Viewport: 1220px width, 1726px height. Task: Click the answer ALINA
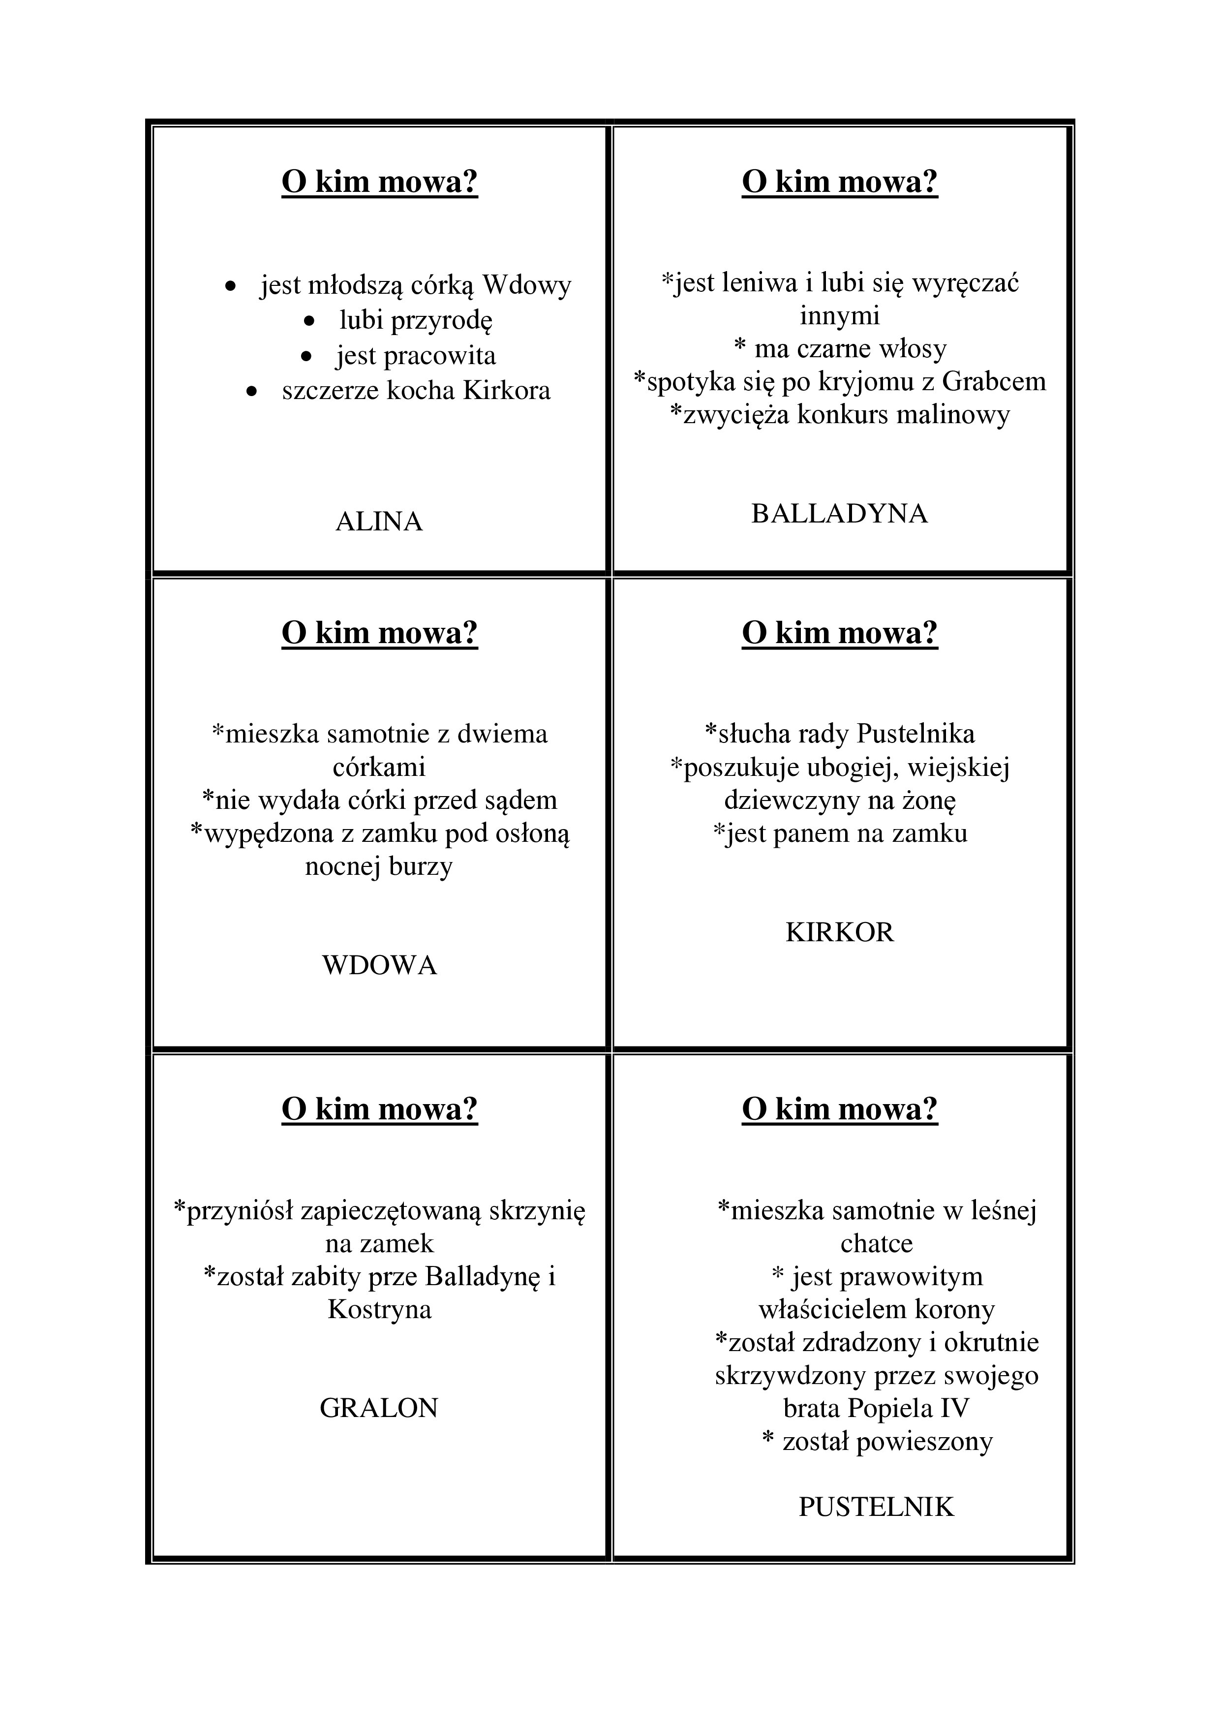point(379,522)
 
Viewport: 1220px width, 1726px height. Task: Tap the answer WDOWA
point(379,965)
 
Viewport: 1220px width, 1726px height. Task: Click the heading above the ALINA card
point(380,182)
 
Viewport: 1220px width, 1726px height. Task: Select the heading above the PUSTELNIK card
point(840,1110)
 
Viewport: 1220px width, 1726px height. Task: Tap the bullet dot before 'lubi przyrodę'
point(309,321)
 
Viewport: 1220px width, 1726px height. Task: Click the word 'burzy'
point(420,867)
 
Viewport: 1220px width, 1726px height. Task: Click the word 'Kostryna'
point(379,1310)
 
